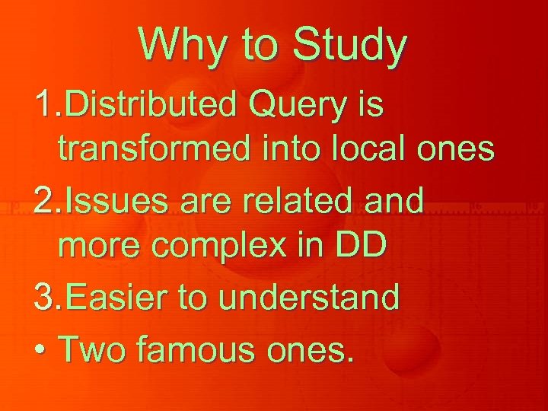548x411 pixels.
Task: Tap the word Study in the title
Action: [352, 46]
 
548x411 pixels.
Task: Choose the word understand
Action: [308, 298]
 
